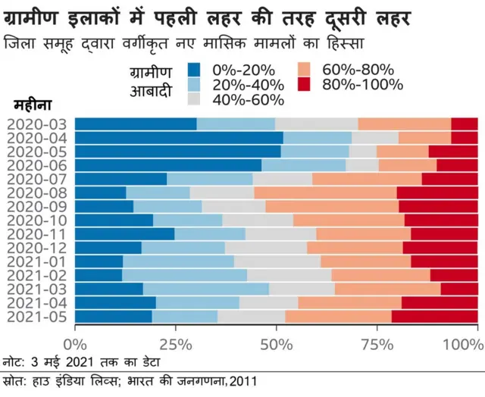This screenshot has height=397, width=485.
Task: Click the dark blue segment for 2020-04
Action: pos(179,138)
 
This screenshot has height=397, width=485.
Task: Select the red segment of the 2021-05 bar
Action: pos(434,317)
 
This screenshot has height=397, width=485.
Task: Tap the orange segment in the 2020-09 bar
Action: pos(331,206)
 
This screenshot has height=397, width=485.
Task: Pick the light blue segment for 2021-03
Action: pos(205,289)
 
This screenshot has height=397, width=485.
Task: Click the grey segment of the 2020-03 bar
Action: pos(316,124)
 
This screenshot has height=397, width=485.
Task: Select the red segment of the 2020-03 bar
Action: pos(464,124)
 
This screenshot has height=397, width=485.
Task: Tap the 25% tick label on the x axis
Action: pos(176,342)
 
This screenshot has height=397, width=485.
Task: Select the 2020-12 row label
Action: pos(36,248)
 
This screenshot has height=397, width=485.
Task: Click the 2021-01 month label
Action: pos(36,261)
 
